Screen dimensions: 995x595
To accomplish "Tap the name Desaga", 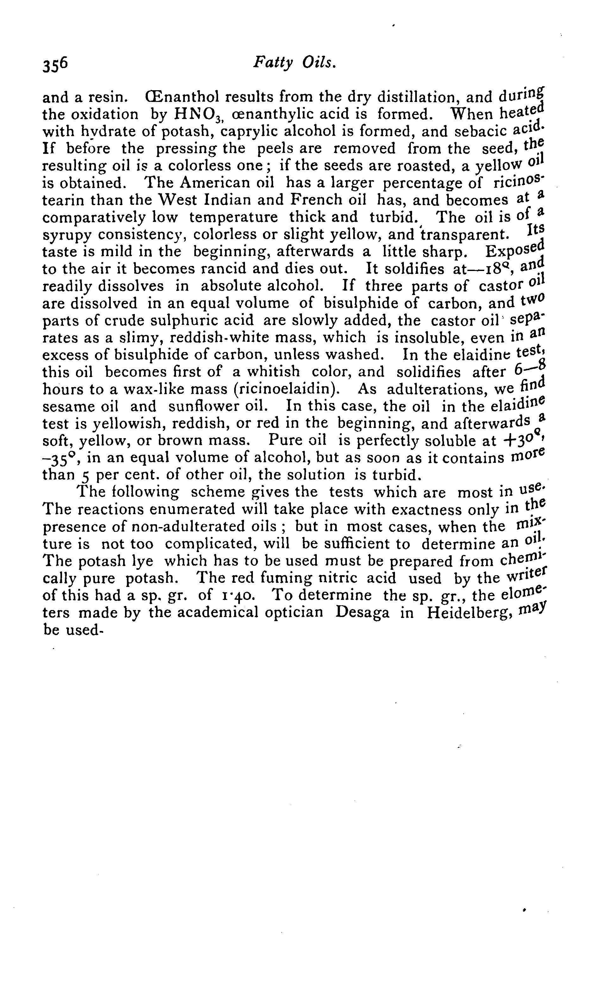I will pos(362,613).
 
